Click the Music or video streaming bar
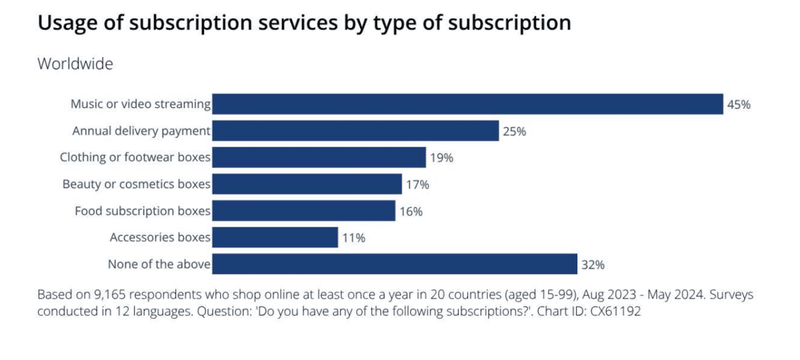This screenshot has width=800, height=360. (467, 104)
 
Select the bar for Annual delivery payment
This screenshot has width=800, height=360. (355, 131)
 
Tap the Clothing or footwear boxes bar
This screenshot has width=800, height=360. (319, 157)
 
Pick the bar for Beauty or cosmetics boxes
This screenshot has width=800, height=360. (307, 184)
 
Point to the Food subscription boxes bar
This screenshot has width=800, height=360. (303, 211)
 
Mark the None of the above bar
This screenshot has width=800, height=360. (395, 264)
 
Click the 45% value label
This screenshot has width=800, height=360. (739, 105)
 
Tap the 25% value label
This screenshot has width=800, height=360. (514, 131)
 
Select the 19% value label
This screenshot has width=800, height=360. (441, 158)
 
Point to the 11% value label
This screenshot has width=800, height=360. (353, 238)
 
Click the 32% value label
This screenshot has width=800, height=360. (593, 265)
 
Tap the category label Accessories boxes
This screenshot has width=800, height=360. (160, 237)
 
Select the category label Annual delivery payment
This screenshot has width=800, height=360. (141, 131)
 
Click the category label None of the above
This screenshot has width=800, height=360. (159, 264)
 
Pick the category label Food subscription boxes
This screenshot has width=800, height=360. (143, 211)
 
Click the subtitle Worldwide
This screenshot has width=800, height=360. (75, 64)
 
